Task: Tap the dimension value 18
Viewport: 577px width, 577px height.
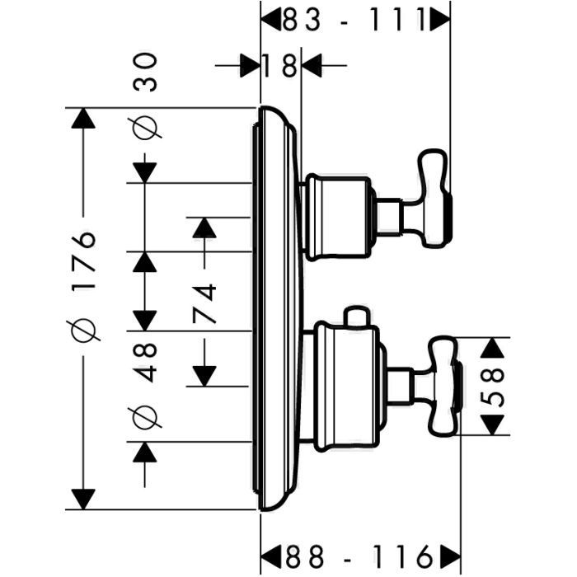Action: click(280, 64)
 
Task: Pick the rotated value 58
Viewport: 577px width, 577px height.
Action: click(491, 387)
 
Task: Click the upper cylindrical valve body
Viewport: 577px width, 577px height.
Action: click(339, 216)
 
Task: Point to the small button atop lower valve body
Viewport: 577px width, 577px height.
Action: click(355, 317)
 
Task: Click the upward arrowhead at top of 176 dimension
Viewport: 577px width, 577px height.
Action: click(81, 119)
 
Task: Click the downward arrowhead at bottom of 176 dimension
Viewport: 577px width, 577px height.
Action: click(81, 499)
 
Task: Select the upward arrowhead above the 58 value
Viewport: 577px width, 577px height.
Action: click(492, 348)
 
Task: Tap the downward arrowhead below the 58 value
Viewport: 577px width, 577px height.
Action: click(492, 425)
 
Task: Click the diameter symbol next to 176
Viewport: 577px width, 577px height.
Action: click(85, 331)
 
